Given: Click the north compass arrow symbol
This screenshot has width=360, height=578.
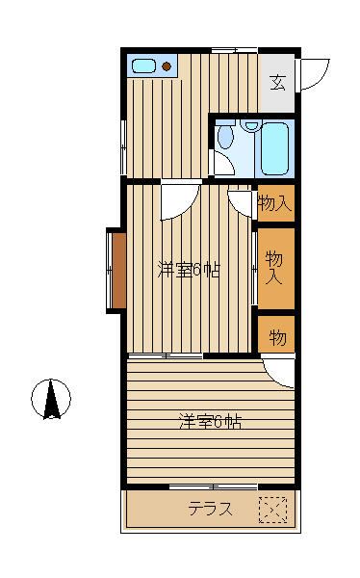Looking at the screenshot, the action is pyautogui.click(x=51, y=399).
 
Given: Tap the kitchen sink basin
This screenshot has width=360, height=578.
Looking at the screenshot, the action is pyautogui.click(x=143, y=66).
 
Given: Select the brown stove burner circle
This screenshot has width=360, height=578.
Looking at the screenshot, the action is pyautogui.click(x=167, y=66).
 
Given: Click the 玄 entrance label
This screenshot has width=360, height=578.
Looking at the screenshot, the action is pyautogui.click(x=277, y=82).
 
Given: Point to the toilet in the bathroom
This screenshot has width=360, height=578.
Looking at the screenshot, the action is pyautogui.click(x=225, y=136).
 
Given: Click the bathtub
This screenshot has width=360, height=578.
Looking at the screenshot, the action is pyautogui.click(x=275, y=148).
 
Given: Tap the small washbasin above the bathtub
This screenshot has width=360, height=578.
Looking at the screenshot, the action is pyautogui.click(x=251, y=125).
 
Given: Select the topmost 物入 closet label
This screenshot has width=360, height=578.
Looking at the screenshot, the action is pyautogui.click(x=275, y=203).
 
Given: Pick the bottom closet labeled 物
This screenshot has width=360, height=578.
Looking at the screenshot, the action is pyautogui.click(x=276, y=334).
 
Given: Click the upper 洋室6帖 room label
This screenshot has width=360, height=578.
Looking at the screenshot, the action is pyautogui.click(x=189, y=270).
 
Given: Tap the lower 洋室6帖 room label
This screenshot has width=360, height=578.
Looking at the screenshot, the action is pyautogui.click(x=211, y=422).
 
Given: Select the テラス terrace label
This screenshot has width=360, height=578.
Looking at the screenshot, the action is pyautogui.click(x=211, y=509).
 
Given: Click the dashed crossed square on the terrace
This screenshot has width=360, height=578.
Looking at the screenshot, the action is pyautogui.click(x=272, y=510).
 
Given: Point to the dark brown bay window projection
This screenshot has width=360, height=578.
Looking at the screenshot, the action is pyautogui.click(x=118, y=271).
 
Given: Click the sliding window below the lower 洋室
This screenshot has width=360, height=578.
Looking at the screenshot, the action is pyautogui.click(x=214, y=487).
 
